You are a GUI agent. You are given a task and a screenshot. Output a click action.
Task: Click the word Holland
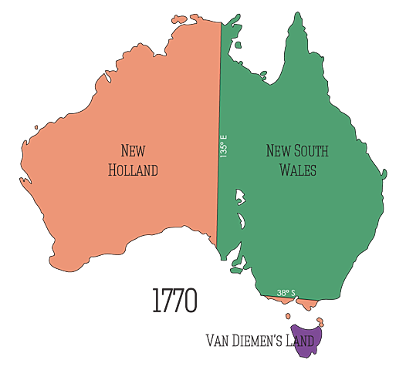pyautogui.click(x=133, y=170)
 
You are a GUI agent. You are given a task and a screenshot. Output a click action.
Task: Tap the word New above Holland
pyautogui.click(x=133, y=151)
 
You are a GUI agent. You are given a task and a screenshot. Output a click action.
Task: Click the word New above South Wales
pyautogui.click(x=277, y=152)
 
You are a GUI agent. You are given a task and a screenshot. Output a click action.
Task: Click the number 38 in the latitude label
pyautogui.click(x=282, y=293)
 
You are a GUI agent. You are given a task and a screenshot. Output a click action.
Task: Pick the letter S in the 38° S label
pyautogui.click(x=293, y=293)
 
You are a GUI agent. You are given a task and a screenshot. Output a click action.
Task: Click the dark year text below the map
pyautogui.click(x=175, y=301)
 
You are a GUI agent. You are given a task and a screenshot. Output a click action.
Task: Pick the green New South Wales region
pyautogui.click(x=309, y=224)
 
